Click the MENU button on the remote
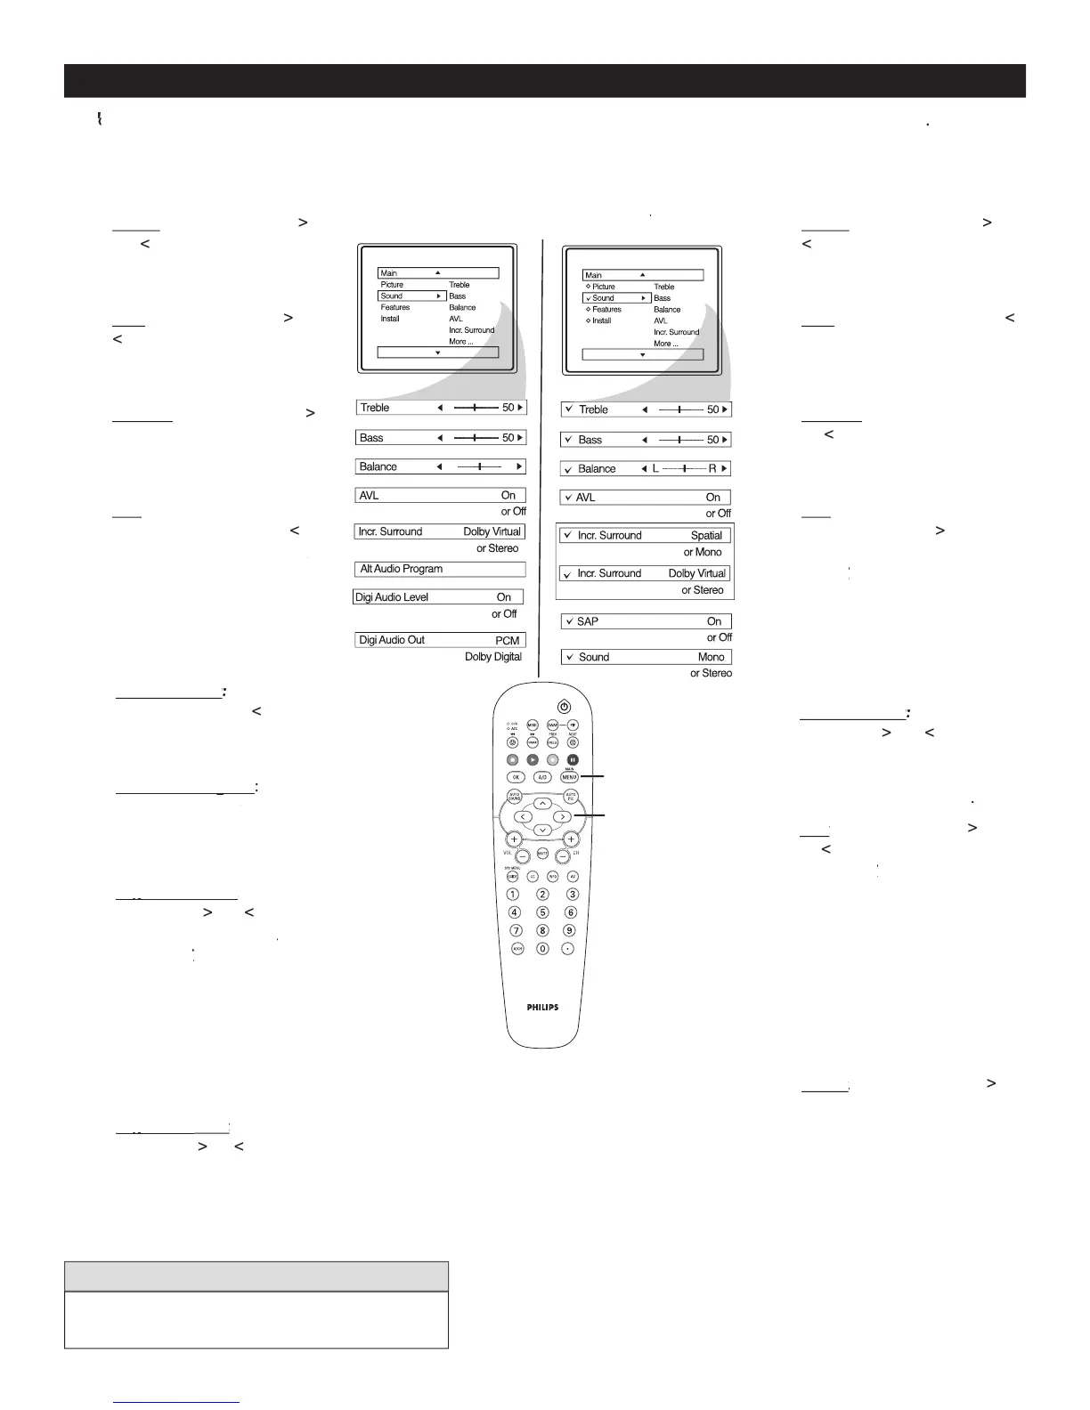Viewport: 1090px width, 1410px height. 569,777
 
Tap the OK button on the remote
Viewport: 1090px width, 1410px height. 514,777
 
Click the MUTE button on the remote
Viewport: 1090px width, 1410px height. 542,853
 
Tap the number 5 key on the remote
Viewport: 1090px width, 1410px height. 542,912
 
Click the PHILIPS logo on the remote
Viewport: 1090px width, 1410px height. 542,1008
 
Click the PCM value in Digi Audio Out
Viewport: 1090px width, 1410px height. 507,640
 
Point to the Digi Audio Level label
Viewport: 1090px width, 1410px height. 392,597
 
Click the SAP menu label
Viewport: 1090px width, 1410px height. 588,621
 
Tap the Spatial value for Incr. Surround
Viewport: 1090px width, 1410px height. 706,536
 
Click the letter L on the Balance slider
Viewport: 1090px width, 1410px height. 655,468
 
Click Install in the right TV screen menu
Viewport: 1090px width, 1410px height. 601,320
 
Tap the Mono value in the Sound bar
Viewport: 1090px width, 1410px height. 711,657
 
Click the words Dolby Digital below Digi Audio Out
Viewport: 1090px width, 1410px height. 493,657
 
